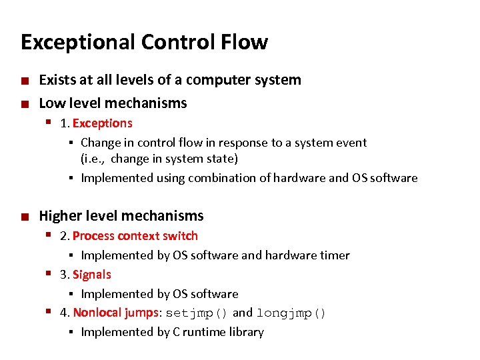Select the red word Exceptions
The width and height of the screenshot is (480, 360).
point(103,123)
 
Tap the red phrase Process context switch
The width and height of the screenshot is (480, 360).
point(135,236)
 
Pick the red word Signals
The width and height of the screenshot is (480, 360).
point(92,275)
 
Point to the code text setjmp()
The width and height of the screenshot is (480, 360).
point(197,313)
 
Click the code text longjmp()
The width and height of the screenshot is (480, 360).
point(291,313)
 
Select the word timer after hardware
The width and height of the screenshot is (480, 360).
point(333,255)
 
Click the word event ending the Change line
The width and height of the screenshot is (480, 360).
point(351,143)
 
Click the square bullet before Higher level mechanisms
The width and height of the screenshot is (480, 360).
point(25,217)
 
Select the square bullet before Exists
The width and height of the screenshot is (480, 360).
point(25,81)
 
